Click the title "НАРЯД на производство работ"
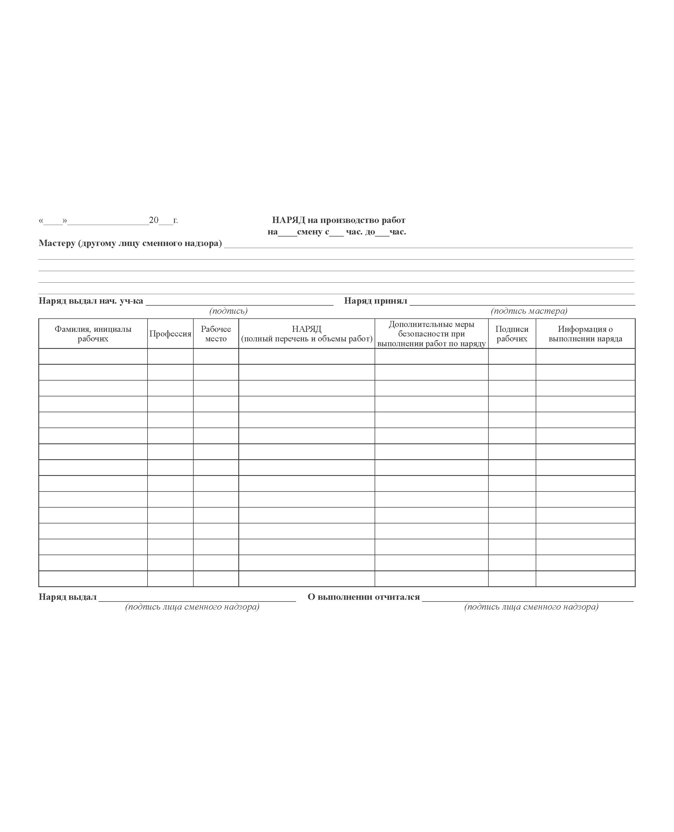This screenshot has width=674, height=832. tap(338, 220)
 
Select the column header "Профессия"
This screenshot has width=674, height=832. tap(170, 334)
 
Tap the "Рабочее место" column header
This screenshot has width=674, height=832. tap(216, 334)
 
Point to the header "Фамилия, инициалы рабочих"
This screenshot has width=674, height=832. tap(93, 334)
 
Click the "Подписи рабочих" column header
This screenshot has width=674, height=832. tap(512, 334)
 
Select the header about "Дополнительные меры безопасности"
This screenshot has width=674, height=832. tap(431, 334)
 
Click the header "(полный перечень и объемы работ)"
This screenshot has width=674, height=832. tap(307, 339)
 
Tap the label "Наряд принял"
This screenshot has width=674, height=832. tap(375, 301)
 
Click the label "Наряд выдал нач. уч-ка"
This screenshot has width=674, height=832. tap(91, 301)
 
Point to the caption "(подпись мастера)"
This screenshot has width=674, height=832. tap(529, 311)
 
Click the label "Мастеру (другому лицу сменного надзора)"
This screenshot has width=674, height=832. tap(130, 243)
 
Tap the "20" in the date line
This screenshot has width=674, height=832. tap(154, 220)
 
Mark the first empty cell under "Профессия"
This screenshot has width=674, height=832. tap(170, 356)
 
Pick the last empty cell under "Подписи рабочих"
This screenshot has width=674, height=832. tap(512, 578)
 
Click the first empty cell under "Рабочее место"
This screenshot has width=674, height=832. tap(216, 356)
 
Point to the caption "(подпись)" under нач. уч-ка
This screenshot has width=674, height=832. tap(228, 311)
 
